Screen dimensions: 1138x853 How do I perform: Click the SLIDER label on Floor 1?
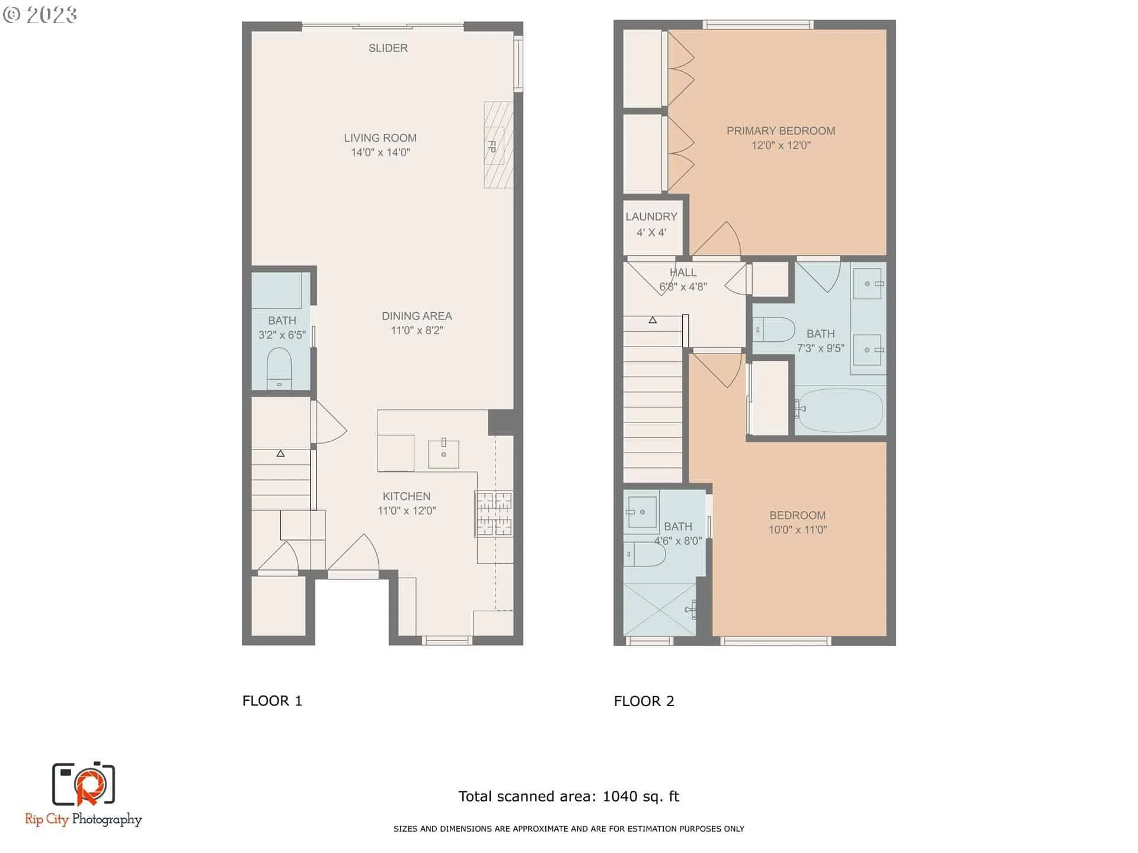click(388, 48)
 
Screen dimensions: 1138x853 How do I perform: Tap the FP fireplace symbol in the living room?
click(498, 145)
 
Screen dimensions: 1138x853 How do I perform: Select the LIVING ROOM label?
click(381, 138)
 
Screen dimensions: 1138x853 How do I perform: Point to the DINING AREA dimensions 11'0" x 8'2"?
click(417, 331)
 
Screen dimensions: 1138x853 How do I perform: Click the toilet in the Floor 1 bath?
click(279, 368)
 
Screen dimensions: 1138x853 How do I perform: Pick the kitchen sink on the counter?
click(443, 454)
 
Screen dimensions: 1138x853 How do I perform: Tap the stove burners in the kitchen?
click(493, 514)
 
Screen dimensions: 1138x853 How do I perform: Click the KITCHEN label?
click(407, 496)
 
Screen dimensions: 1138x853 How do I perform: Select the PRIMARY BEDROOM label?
click(781, 131)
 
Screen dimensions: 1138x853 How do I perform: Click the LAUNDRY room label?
click(651, 217)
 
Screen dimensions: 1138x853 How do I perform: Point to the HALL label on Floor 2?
click(683, 272)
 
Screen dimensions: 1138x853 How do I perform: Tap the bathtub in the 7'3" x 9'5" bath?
click(839, 410)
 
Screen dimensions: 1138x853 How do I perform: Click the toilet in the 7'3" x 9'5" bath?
click(774, 329)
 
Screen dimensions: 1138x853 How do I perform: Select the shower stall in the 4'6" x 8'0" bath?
click(660, 610)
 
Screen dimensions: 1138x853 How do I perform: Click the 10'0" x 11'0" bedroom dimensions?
click(798, 530)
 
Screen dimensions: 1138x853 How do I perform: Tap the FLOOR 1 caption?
click(273, 701)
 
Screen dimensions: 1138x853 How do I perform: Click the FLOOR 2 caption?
click(644, 701)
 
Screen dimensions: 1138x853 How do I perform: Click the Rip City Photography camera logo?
click(84, 784)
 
